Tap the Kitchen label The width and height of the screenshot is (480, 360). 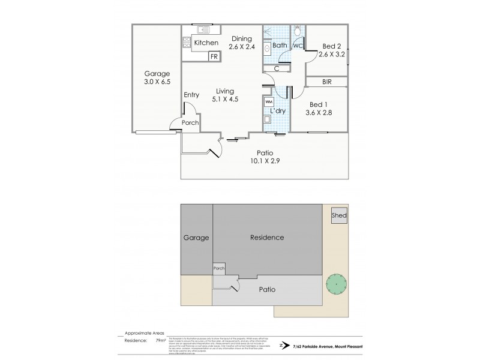pos(205,43)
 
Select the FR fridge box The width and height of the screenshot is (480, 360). pos(213,57)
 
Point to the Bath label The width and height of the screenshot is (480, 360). pos(280,46)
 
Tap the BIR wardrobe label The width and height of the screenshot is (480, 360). pos(326,82)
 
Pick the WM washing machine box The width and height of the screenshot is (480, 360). pos(268,103)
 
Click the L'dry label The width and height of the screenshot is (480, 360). pos(277,112)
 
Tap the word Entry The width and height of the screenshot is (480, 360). pos(192,95)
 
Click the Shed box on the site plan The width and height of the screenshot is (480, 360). pos(339,216)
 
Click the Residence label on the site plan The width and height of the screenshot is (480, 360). pos(266,238)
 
